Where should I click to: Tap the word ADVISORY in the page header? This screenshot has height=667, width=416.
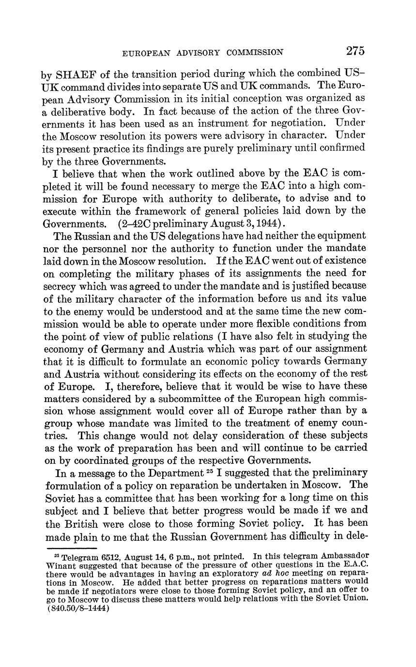click(x=189, y=52)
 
